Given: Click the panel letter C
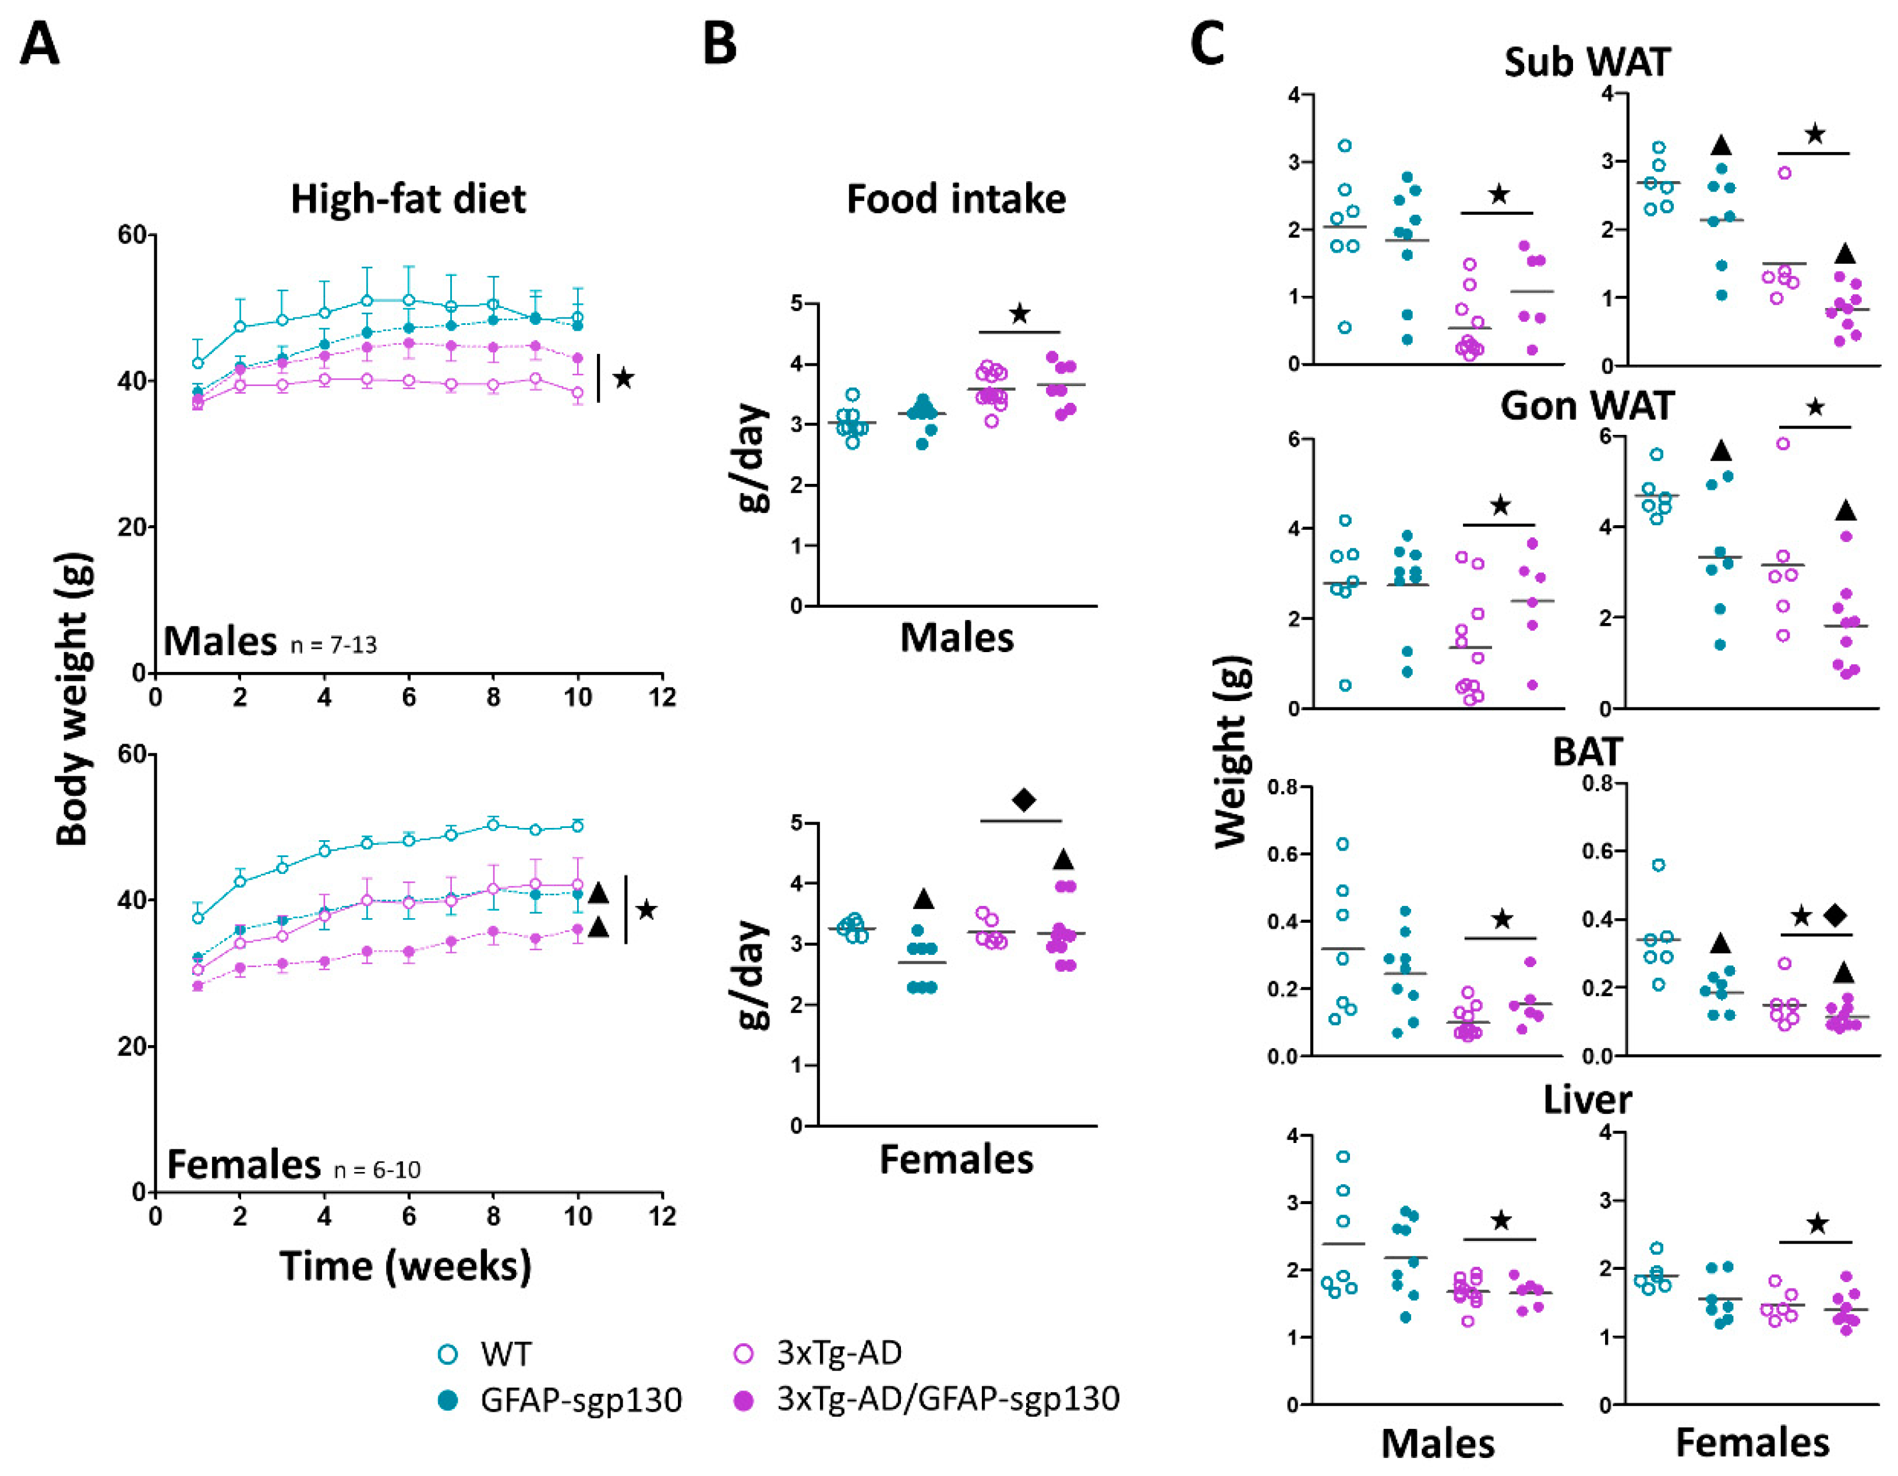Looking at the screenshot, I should [1208, 45].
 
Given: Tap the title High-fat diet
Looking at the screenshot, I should [408, 199].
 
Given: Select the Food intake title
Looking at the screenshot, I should [956, 199].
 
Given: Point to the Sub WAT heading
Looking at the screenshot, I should [1587, 62].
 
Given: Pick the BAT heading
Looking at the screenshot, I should [1587, 752].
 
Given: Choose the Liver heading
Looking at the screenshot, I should [1587, 1100].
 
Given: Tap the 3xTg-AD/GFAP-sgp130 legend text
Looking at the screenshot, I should [948, 1399].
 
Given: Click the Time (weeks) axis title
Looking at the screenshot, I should [405, 1266].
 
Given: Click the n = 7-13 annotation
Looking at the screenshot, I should [334, 645].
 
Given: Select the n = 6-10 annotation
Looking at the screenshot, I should [377, 1169].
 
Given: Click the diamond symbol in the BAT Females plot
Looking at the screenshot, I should [1836, 915].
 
